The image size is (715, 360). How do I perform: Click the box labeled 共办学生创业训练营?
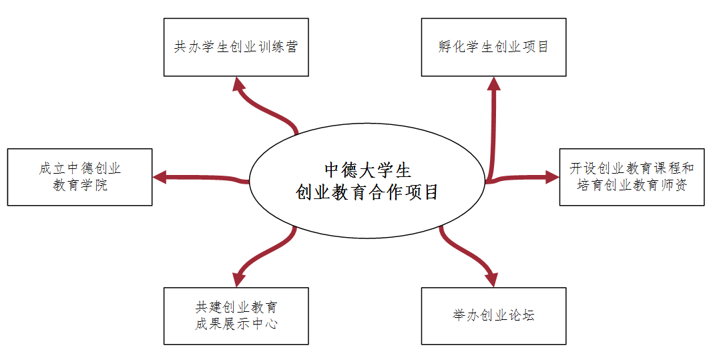236,47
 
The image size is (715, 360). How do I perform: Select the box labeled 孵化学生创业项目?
493,47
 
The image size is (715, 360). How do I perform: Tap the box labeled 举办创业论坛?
493,316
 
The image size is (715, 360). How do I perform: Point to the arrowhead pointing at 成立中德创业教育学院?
159,177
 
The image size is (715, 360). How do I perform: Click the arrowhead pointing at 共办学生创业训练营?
239,83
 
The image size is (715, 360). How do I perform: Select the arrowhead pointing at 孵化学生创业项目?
493,83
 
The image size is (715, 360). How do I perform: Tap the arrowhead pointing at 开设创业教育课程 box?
551,177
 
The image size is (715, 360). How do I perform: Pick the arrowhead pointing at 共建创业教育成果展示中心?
239,279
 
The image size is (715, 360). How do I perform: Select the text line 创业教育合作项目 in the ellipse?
367,192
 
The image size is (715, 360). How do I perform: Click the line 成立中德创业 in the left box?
80,168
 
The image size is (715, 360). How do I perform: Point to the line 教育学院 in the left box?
80,185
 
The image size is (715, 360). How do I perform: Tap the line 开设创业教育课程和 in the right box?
632,168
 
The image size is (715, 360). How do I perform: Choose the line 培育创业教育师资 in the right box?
632,185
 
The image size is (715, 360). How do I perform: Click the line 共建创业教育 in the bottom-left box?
236,307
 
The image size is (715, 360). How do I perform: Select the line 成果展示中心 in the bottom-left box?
236,324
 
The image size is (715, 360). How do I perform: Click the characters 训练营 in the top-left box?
279,47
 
